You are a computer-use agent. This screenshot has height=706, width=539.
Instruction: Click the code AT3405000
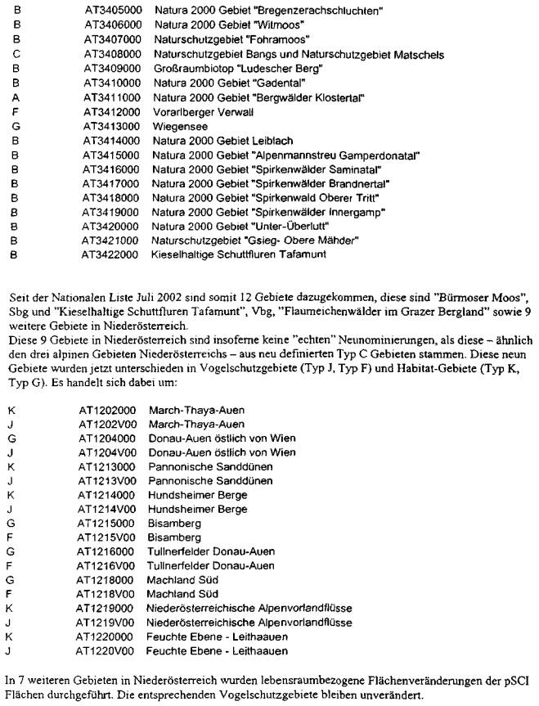pos(110,11)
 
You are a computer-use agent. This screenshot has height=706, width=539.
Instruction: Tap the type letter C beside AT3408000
pos(16,54)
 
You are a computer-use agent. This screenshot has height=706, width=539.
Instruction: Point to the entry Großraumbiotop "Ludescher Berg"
pos(218,68)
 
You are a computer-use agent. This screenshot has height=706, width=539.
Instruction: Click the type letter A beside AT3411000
pos(16,97)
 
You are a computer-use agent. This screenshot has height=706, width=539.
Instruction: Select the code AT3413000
pos(110,126)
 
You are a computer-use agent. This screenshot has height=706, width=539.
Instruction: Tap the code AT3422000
pos(110,255)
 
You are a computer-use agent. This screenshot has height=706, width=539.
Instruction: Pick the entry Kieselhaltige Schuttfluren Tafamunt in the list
pos(239,255)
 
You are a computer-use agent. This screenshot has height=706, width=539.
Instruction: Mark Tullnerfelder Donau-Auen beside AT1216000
pos(210,551)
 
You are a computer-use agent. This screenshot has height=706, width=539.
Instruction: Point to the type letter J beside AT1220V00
pos(8,650)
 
